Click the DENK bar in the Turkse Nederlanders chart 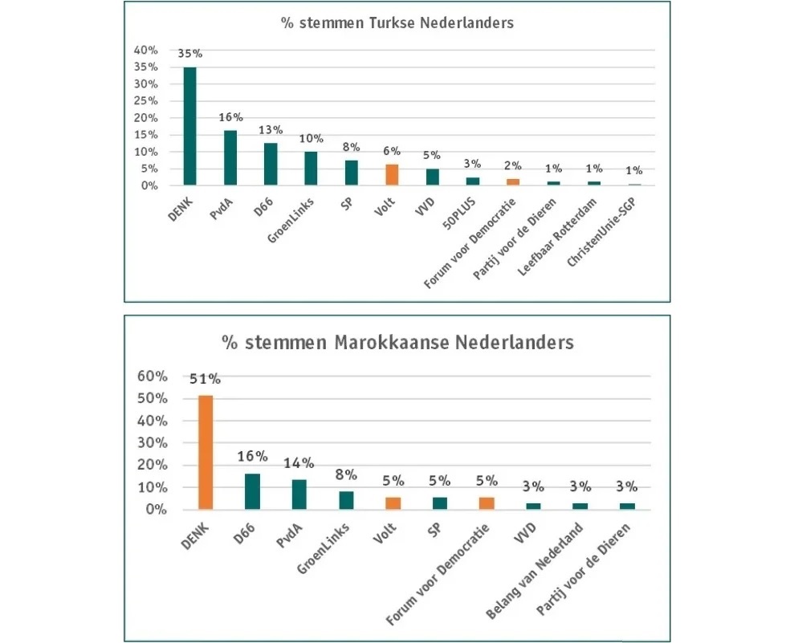click(190, 126)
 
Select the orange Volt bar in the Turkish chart click(392, 175)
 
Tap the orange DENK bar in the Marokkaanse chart click(206, 453)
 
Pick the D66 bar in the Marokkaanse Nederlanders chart click(252, 492)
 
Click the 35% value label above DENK click(190, 54)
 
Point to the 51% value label click(205, 379)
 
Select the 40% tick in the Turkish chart click(146, 50)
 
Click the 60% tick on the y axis click(153, 376)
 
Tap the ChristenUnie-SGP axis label click(601, 232)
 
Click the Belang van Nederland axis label click(535, 571)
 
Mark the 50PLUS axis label click(459, 214)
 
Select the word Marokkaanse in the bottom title click(392, 343)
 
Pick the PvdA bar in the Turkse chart click(230, 158)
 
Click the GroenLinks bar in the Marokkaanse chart click(346, 500)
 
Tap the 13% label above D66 click(271, 130)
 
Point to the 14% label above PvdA click(299, 463)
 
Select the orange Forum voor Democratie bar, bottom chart click(487, 503)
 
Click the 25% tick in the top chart click(146, 101)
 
